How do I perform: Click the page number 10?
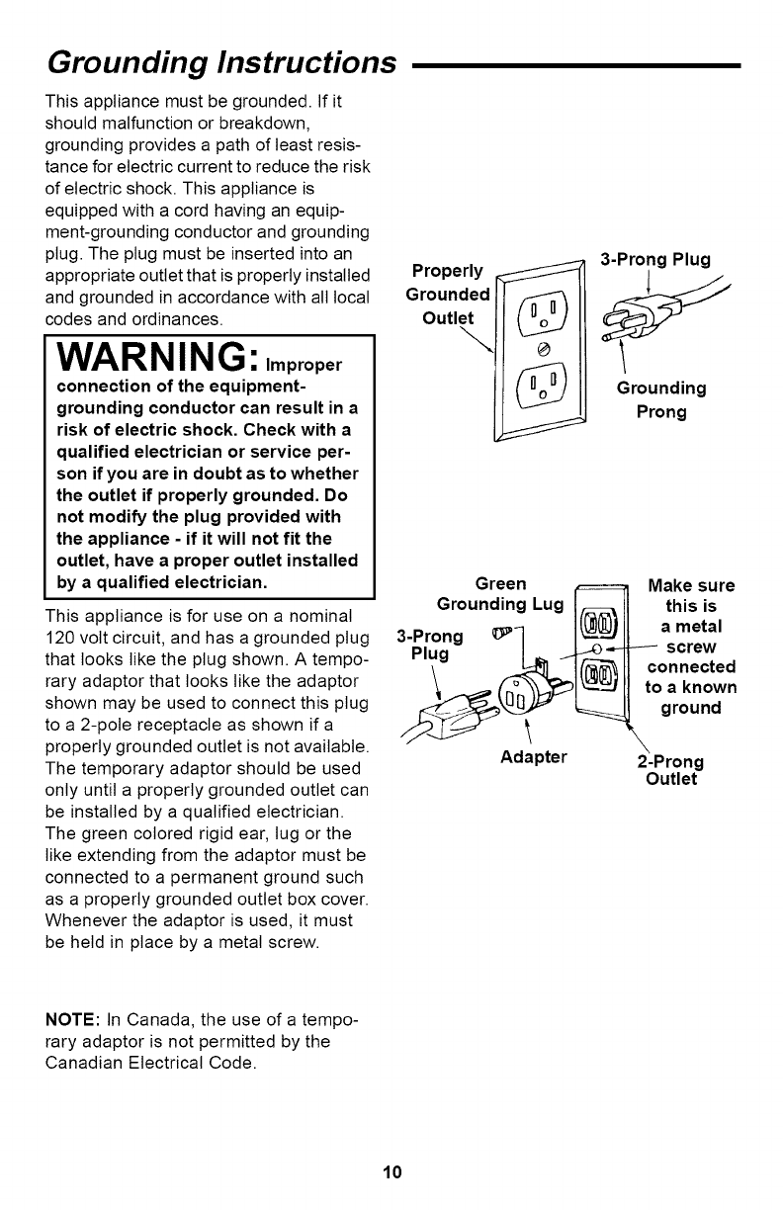[x=391, y=1173]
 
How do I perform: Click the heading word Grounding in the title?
[x=120, y=63]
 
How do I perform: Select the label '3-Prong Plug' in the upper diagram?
[x=656, y=260]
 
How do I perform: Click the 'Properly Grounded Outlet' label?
[x=450, y=294]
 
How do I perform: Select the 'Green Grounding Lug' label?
[x=499, y=593]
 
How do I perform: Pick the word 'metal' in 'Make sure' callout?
[x=698, y=628]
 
